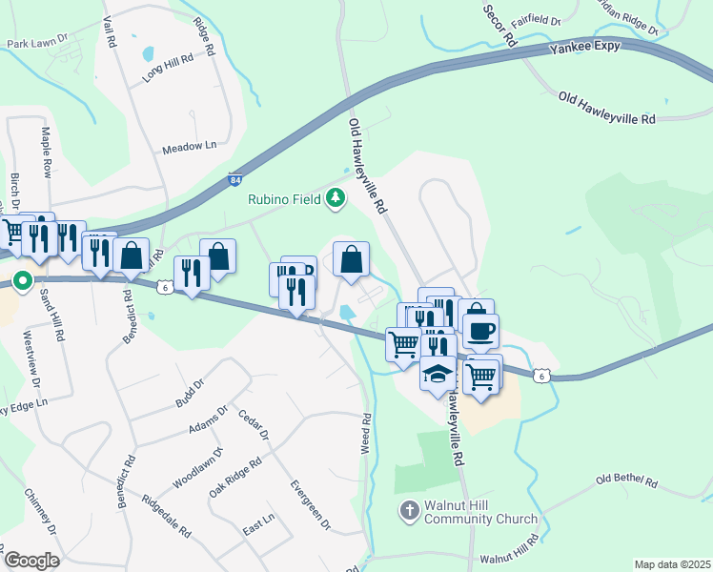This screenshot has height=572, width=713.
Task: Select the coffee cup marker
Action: [479, 331]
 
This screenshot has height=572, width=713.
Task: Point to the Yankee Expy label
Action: [585, 47]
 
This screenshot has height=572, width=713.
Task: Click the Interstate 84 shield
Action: [235, 178]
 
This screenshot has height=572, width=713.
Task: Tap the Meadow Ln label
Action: [190, 148]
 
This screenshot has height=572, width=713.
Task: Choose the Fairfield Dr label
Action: [533, 18]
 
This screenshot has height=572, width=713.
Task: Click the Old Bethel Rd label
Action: [626, 481]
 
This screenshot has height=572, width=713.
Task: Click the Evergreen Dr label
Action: [312, 505]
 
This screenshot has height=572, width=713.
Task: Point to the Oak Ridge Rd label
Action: [235, 480]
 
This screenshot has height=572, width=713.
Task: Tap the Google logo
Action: [31, 561]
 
